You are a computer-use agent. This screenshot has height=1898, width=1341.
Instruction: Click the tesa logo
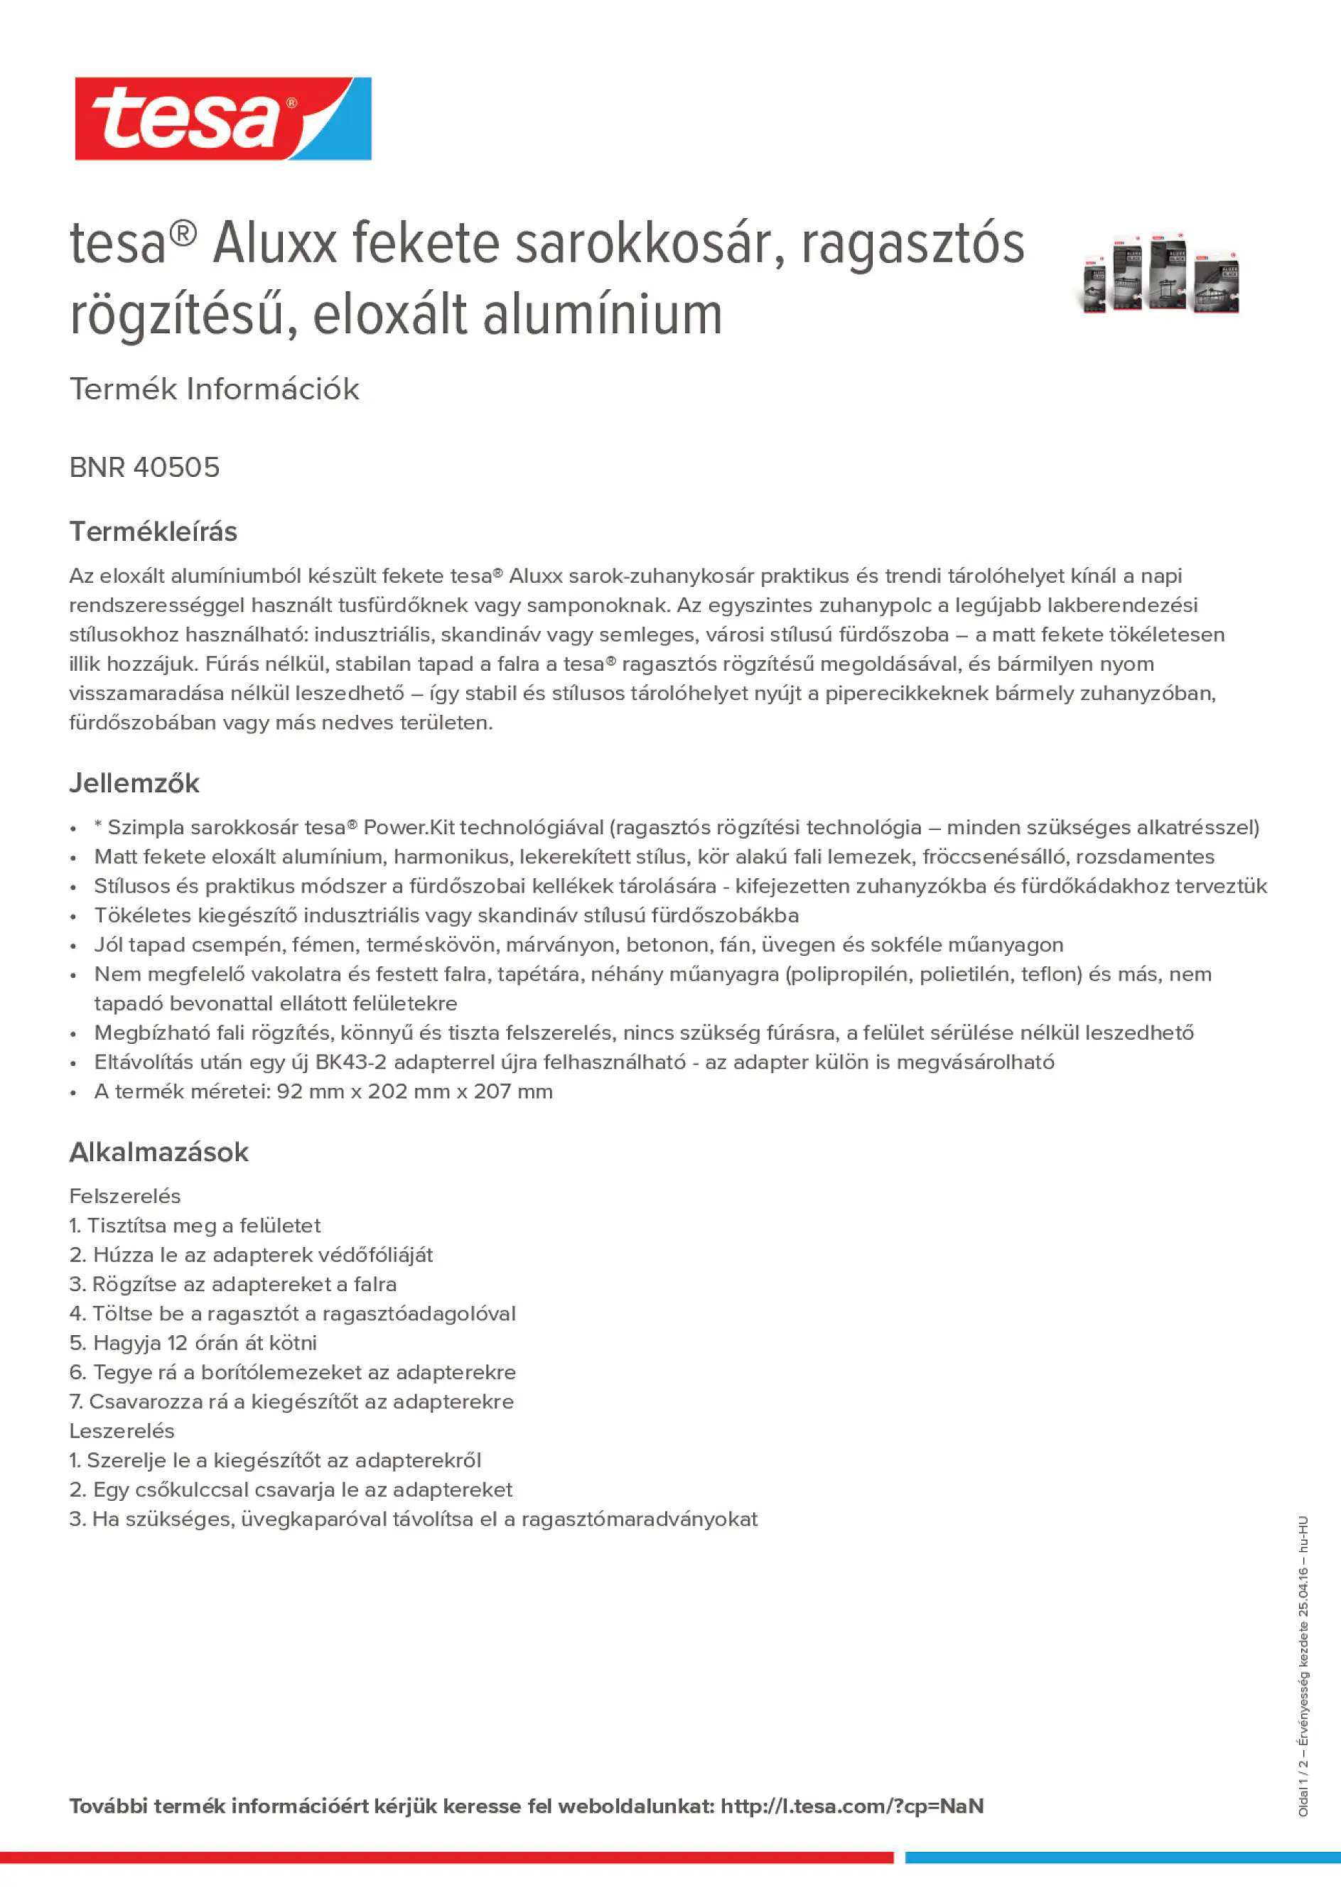(222, 119)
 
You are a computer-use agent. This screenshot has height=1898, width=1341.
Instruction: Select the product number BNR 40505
(145, 468)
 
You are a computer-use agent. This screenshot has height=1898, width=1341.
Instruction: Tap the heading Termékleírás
(153, 532)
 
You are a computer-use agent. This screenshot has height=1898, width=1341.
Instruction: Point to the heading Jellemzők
(134, 783)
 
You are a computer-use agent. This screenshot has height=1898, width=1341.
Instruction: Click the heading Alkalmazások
(158, 1152)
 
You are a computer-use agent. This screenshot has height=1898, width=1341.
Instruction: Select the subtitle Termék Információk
(214, 389)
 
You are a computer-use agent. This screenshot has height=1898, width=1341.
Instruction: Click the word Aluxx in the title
(274, 244)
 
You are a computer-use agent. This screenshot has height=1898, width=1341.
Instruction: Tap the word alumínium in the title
(603, 316)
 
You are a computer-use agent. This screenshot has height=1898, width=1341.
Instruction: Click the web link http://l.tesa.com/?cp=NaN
(851, 1806)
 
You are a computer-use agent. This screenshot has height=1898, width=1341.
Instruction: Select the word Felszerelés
(125, 1196)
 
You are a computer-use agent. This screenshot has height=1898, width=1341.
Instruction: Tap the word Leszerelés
(122, 1431)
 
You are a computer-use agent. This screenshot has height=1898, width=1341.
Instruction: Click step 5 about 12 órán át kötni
(193, 1342)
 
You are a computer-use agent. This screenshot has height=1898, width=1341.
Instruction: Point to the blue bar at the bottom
(1122, 1857)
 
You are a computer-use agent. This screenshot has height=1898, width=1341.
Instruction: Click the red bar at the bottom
(446, 1857)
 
